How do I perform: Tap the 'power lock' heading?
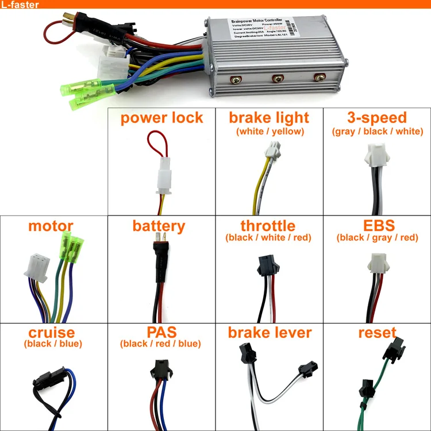(161, 118)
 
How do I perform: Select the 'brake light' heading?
(269, 118)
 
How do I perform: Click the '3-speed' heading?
(377, 118)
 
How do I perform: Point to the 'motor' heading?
(51, 226)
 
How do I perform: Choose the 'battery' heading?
(159, 226)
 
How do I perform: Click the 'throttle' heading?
(268, 226)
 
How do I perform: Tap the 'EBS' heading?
(377, 226)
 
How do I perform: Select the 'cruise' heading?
(51, 333)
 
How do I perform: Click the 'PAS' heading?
(161, 333)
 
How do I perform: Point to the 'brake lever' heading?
(270, 333)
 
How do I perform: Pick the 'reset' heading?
(377, 333)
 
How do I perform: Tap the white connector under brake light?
(269, 153)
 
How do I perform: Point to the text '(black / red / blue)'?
(161, 344)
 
